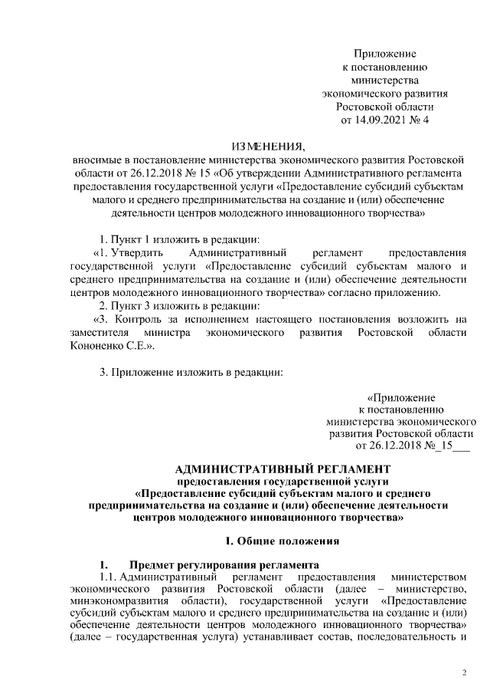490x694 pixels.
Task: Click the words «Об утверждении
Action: click(253, 173)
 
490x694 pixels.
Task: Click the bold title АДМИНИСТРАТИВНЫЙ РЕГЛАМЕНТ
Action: click(283, 469)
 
